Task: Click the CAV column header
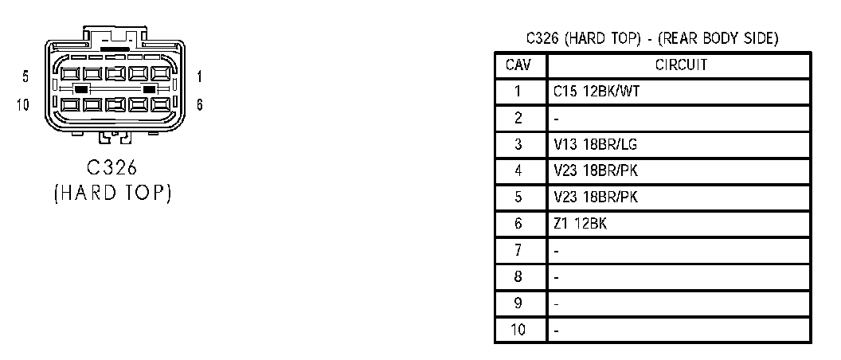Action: pos(518,65)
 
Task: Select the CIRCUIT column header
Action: pos(681,65)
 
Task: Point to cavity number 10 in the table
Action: pos(518,330)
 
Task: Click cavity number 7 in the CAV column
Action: pos(518,251)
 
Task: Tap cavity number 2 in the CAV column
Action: pos(518,119)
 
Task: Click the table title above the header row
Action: pos(652,38)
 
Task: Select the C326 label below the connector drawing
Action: pos(112,168)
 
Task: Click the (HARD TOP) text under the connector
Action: pos(112,194)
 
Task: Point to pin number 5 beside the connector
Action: pos(26,77)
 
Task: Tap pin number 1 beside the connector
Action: pos(198,77)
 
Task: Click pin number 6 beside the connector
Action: pos(198,104)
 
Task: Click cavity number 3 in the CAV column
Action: pos(518,145)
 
